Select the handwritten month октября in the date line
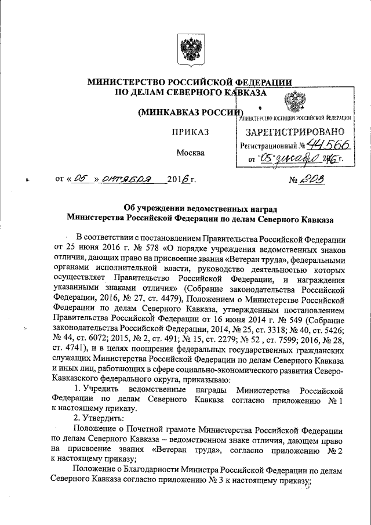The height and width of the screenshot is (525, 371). coord(123,180)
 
